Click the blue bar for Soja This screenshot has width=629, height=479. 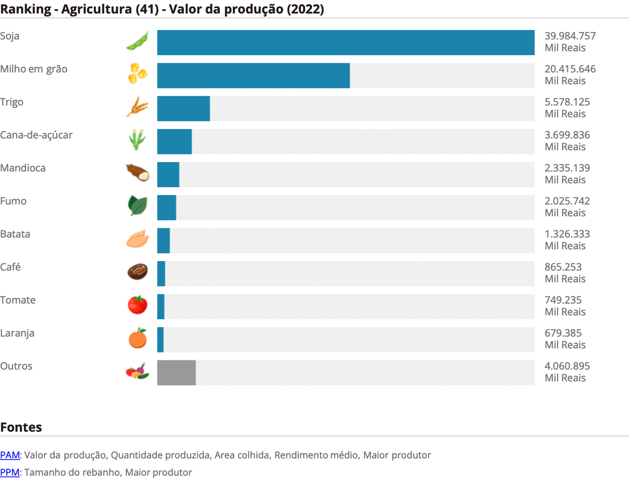click(x=345, y=42)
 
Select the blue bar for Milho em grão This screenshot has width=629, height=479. click(x=253, y=76)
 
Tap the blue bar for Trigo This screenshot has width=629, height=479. click(x=183, y=109)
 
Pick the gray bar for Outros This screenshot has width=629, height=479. click(x=176, y=373)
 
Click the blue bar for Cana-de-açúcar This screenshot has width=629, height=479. click(x=174, y=142)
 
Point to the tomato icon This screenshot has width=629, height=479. click(x=138, y=305)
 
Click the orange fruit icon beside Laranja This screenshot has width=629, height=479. click(x=138, y=338)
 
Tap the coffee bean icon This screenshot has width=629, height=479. click(x=138, y=271)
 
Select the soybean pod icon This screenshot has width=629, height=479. click(x=138, y=41)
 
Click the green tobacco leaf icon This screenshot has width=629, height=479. click(x=138, y=206)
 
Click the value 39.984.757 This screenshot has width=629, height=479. click(x=570, y=36)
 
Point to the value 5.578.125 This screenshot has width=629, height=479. click(x=567, y=102)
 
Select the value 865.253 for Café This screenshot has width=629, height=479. click(x=563, y=267)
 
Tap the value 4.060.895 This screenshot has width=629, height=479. click(x=567, y=366)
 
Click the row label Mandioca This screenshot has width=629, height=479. click(x=23, y=168)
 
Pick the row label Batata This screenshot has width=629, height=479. click(x=15, y=234)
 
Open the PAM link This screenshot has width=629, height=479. click(x=10, y=455)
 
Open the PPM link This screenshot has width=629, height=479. click(x=10, y=472)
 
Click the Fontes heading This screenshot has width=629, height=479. click(x=21, y=427)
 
